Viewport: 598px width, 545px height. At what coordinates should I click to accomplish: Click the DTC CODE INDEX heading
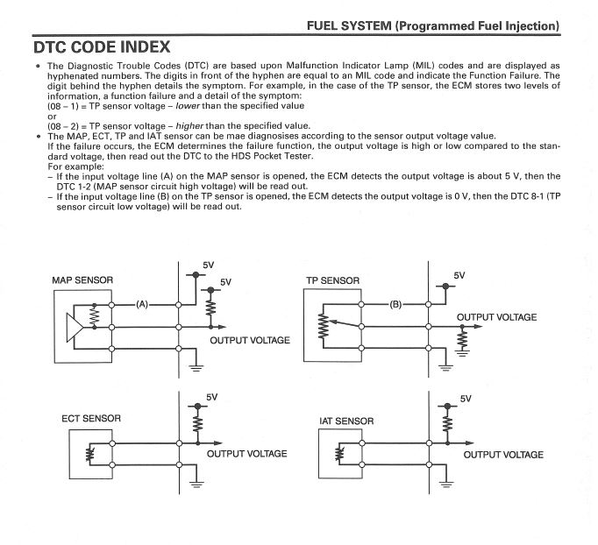click(x=101, y=45)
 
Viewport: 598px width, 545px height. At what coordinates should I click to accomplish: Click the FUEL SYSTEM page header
click(x=432, y=25)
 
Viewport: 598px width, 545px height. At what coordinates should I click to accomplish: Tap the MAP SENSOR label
click(x=82, y=280)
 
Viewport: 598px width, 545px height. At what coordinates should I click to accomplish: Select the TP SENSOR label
click(x=332, y=281)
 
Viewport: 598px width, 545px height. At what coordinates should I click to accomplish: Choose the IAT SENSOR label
click(x=346, y=421)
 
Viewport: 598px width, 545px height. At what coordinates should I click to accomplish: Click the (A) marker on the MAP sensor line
click(x=146, y=304)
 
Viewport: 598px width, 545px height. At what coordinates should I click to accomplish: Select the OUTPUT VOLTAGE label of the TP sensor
click(x=496, y=317)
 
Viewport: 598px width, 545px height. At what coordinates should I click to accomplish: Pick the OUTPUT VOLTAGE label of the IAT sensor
click(x=503, y=454)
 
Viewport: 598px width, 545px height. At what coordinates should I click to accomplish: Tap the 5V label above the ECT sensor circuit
click(x=211, y=397)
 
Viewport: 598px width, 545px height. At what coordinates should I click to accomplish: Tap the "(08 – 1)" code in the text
click(x=65, y=106)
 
